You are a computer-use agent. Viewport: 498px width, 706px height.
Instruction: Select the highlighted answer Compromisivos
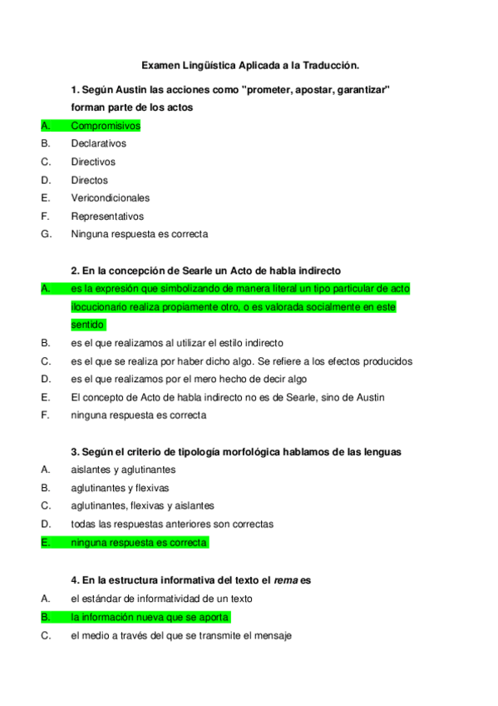click(106, 126)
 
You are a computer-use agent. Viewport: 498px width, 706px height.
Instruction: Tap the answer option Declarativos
click(98, 144)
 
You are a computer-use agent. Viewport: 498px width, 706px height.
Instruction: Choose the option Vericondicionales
click(110, 198)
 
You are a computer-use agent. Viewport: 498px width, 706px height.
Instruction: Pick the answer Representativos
click(107, 216)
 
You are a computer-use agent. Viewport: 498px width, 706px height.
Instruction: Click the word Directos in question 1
click(89, 180)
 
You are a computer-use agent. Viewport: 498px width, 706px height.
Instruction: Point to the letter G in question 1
click(46, 234)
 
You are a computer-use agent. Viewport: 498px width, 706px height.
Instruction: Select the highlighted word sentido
click(87, 325)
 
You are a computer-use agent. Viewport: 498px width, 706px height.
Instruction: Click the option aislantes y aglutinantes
click(123, 470)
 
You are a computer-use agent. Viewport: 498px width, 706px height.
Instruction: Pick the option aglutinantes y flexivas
click(120, 488)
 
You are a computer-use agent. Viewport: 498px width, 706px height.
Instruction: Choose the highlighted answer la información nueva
click(150, 618)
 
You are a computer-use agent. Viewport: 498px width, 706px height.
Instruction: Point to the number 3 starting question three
click(74, 452)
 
